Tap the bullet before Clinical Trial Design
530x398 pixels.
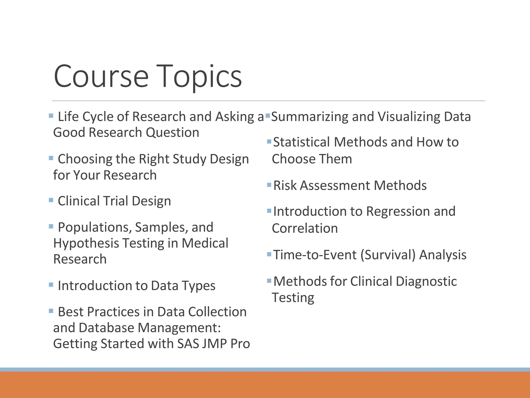(x=51, y=200)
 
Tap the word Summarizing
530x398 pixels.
(x=310, y=117)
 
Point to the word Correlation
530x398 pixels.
(x=305, y=228)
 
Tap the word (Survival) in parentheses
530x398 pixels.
(x=388, y=255)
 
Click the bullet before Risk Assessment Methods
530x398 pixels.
(x=269, y=185)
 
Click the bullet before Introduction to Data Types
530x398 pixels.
(x=51, y=285)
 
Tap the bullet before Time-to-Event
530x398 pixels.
(x=269, y=254)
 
